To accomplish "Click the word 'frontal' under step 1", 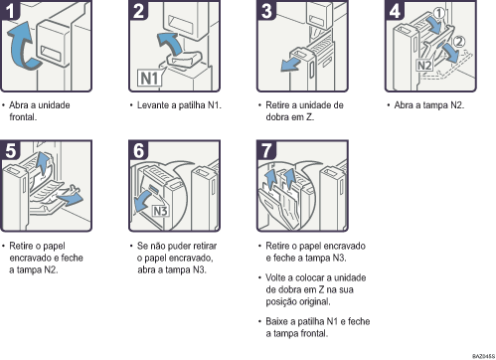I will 29,116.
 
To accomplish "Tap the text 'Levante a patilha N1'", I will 174,104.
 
